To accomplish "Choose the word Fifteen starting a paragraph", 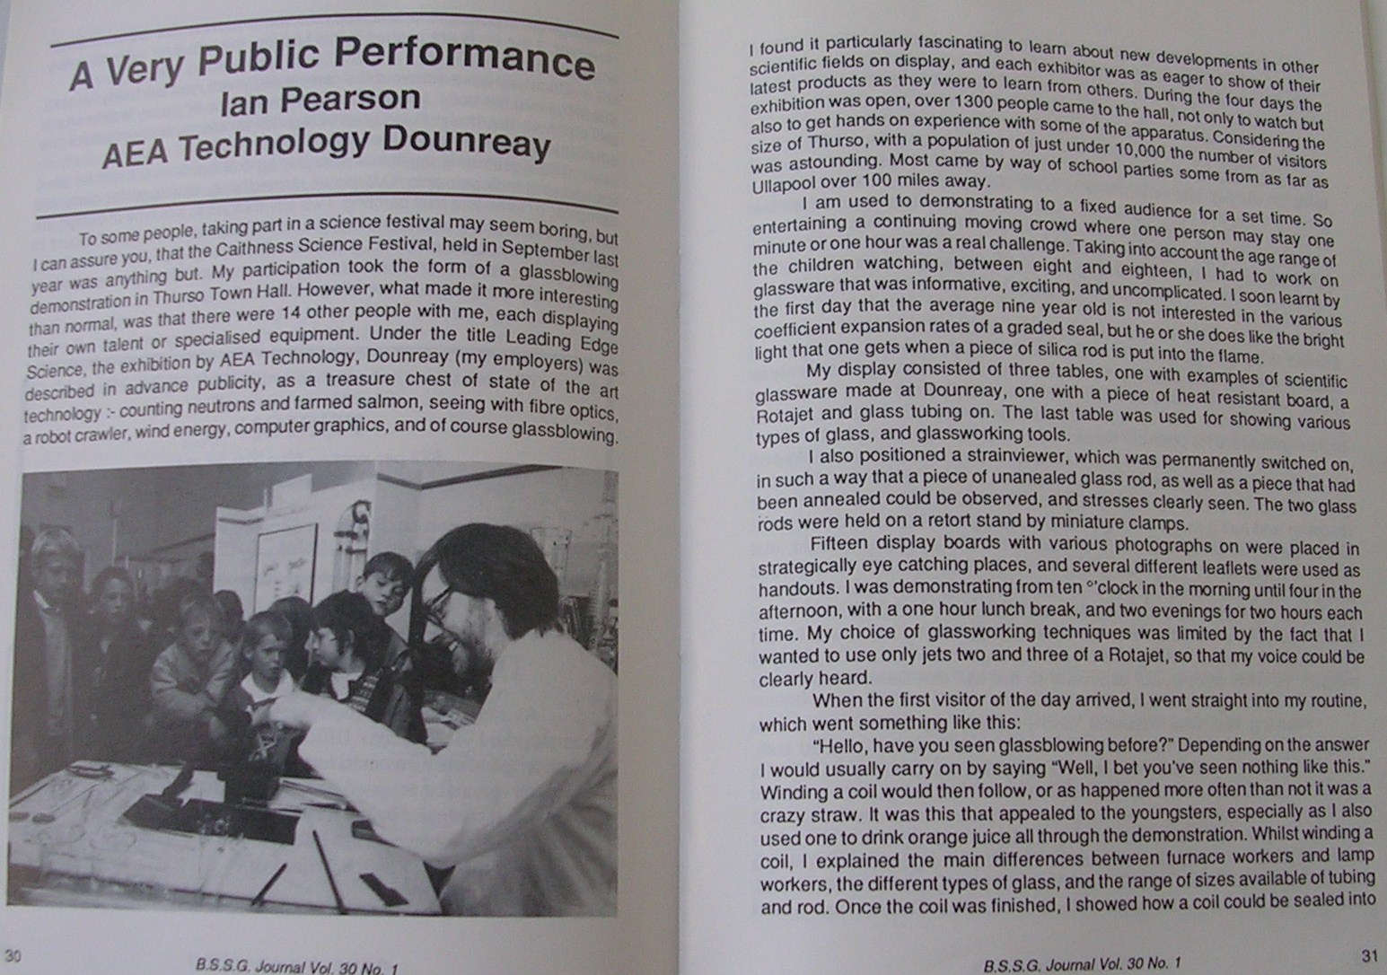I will coord(836,544).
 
